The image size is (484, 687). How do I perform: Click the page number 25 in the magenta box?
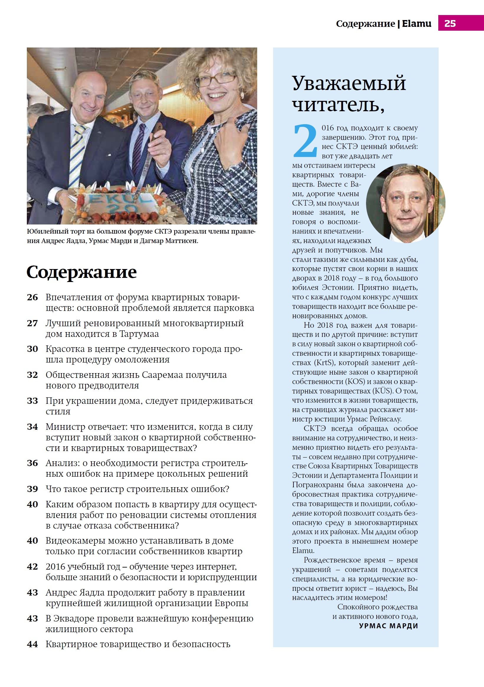coord(450,23)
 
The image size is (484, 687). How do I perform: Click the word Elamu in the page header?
coord(416,23)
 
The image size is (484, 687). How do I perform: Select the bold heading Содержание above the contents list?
coord(81,272)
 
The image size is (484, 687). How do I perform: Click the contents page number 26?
coord(32,297)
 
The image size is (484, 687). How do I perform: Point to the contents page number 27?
coord(32,324)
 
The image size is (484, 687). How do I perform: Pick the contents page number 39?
coord(32,489)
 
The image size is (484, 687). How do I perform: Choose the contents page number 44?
coord(32,644)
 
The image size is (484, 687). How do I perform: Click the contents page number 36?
coord(32,463)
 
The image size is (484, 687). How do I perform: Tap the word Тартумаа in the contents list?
coord(139,334)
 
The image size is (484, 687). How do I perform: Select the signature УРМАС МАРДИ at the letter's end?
coord(388,626)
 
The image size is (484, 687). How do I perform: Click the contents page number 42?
coord(32,567)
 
